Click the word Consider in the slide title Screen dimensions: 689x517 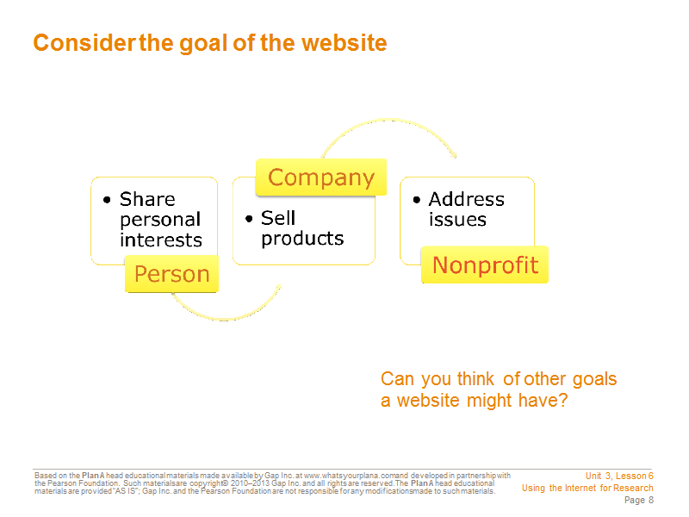click(x=84, y=43)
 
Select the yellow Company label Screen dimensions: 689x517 click(x=321, y=178)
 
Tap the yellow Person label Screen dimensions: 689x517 click(x=171, y=274)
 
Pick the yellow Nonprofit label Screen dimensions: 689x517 click(x=485, y=265)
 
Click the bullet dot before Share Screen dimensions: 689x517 click(x=107, y=200)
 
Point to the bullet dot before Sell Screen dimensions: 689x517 click(x=249, y=219)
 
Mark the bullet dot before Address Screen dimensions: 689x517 click(x=417, y=200)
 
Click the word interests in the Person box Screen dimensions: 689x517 click(x=161, y=240)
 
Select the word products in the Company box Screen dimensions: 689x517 click(x=302, y=239)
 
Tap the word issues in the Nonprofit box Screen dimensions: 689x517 click(x=457, y=220)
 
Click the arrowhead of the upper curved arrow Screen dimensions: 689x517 click(x=454, y=154)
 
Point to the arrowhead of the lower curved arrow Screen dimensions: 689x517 click(x=277, y=288)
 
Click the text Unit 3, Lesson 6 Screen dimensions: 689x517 click(x=619, y=476)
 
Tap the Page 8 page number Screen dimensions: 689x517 click(x=639, y=500)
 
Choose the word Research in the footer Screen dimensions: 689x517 click(x=633, y=488)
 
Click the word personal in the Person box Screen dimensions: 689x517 click(x=160, y=220)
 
